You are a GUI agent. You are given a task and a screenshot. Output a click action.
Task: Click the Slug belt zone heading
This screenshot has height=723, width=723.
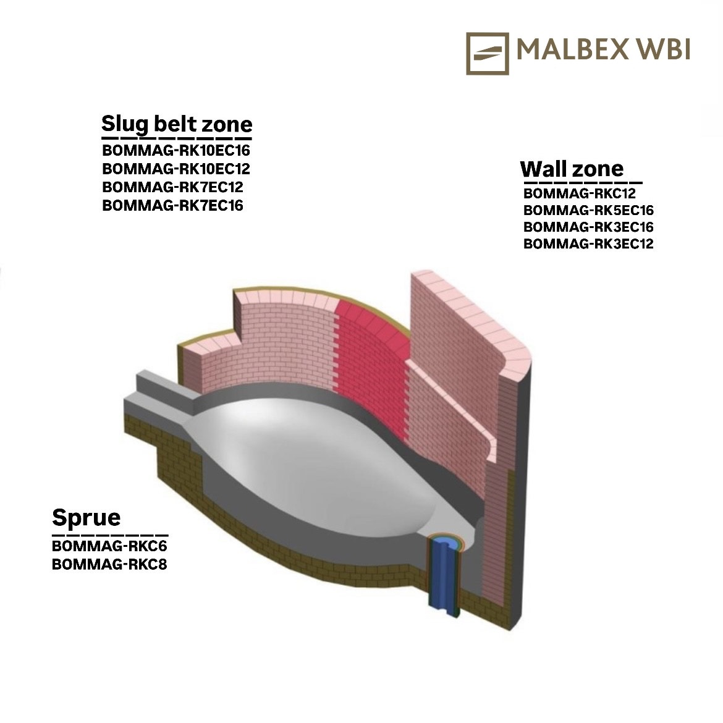click(177, 124)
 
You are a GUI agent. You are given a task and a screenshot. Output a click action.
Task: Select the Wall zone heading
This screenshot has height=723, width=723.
click(572, 169)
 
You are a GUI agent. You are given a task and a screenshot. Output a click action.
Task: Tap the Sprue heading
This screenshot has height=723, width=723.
click(87, 517)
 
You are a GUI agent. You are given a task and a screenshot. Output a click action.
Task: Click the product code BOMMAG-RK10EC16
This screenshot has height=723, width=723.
click(176, 150)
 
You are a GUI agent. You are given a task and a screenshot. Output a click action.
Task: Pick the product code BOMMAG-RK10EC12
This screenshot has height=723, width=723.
click(176, 169)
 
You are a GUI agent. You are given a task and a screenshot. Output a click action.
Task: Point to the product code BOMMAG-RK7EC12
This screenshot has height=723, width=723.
click(172, 187)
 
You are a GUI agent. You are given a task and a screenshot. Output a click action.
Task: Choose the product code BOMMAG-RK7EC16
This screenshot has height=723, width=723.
click(172, 205)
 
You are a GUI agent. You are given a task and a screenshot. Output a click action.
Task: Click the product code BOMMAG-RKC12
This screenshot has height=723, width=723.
click(580, 193)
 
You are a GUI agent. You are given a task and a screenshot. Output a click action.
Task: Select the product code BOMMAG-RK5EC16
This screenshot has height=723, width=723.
click(588, 210)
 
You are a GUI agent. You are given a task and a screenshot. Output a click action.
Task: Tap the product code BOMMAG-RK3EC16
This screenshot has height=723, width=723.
click(588, 227)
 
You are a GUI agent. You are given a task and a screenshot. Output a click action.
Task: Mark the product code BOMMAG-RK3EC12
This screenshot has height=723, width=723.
click(588, 243)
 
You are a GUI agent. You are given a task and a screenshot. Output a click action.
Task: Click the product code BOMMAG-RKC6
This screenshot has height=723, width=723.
click(109, 546)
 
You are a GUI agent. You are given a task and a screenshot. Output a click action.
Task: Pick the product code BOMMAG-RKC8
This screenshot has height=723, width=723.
click(109, 564)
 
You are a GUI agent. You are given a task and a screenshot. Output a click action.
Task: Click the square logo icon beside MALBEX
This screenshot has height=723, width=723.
click(488, 54)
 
